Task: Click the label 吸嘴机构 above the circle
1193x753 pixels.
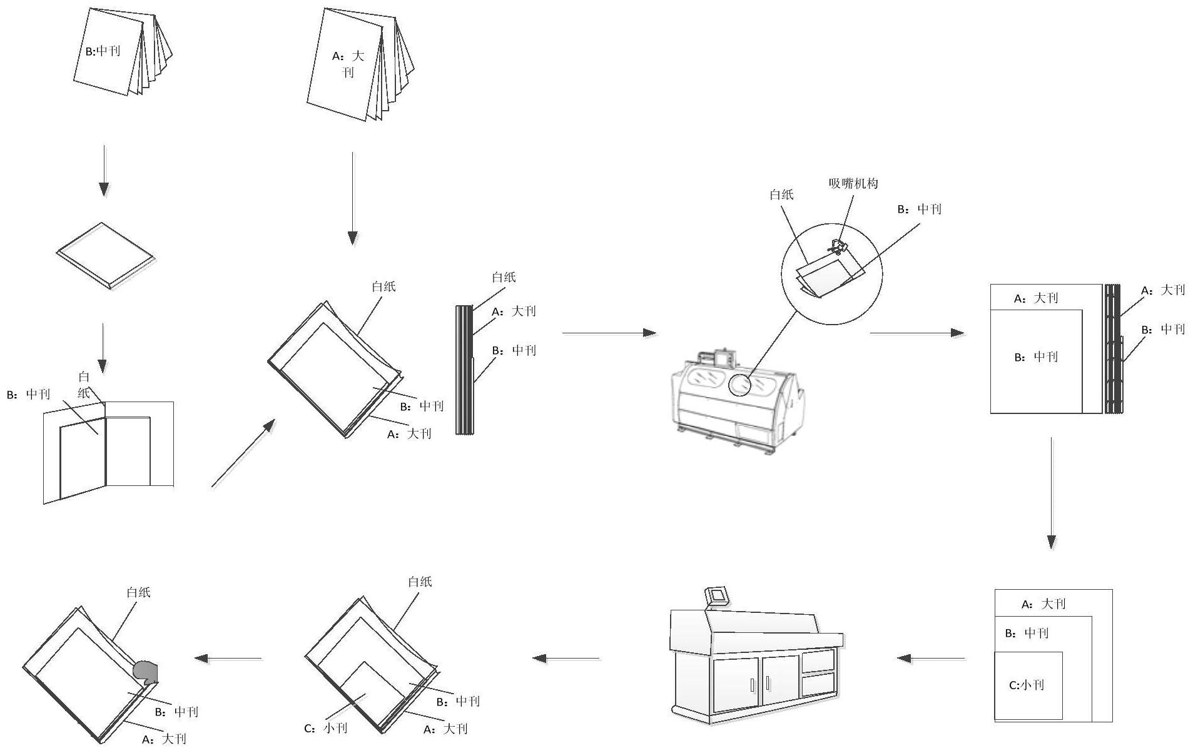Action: tap(853, 183)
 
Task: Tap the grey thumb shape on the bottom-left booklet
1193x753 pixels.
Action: tap(146, 671)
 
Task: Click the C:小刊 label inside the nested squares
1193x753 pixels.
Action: tap(1027, 685)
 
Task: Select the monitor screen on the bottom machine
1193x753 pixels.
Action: tap(717, 595)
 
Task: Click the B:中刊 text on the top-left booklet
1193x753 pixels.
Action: tap(103, 51)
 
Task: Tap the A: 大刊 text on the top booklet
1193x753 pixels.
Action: tap(348, 64)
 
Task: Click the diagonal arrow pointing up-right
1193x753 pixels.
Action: tap(243, 453)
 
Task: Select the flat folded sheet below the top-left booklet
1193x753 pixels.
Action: tap(105, 255)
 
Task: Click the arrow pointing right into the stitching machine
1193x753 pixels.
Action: tap(610, 333)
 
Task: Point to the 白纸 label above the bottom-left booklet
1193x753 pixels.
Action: tap(138, 592)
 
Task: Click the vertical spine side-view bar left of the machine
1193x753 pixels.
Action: tap(464, 370)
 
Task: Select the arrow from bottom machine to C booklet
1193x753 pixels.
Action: tap(566, 659)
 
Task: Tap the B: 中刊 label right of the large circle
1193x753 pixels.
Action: tap(919, 209)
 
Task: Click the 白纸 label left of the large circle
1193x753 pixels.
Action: tap(781, 195)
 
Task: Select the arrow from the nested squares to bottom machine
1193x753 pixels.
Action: tap(931, 659)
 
